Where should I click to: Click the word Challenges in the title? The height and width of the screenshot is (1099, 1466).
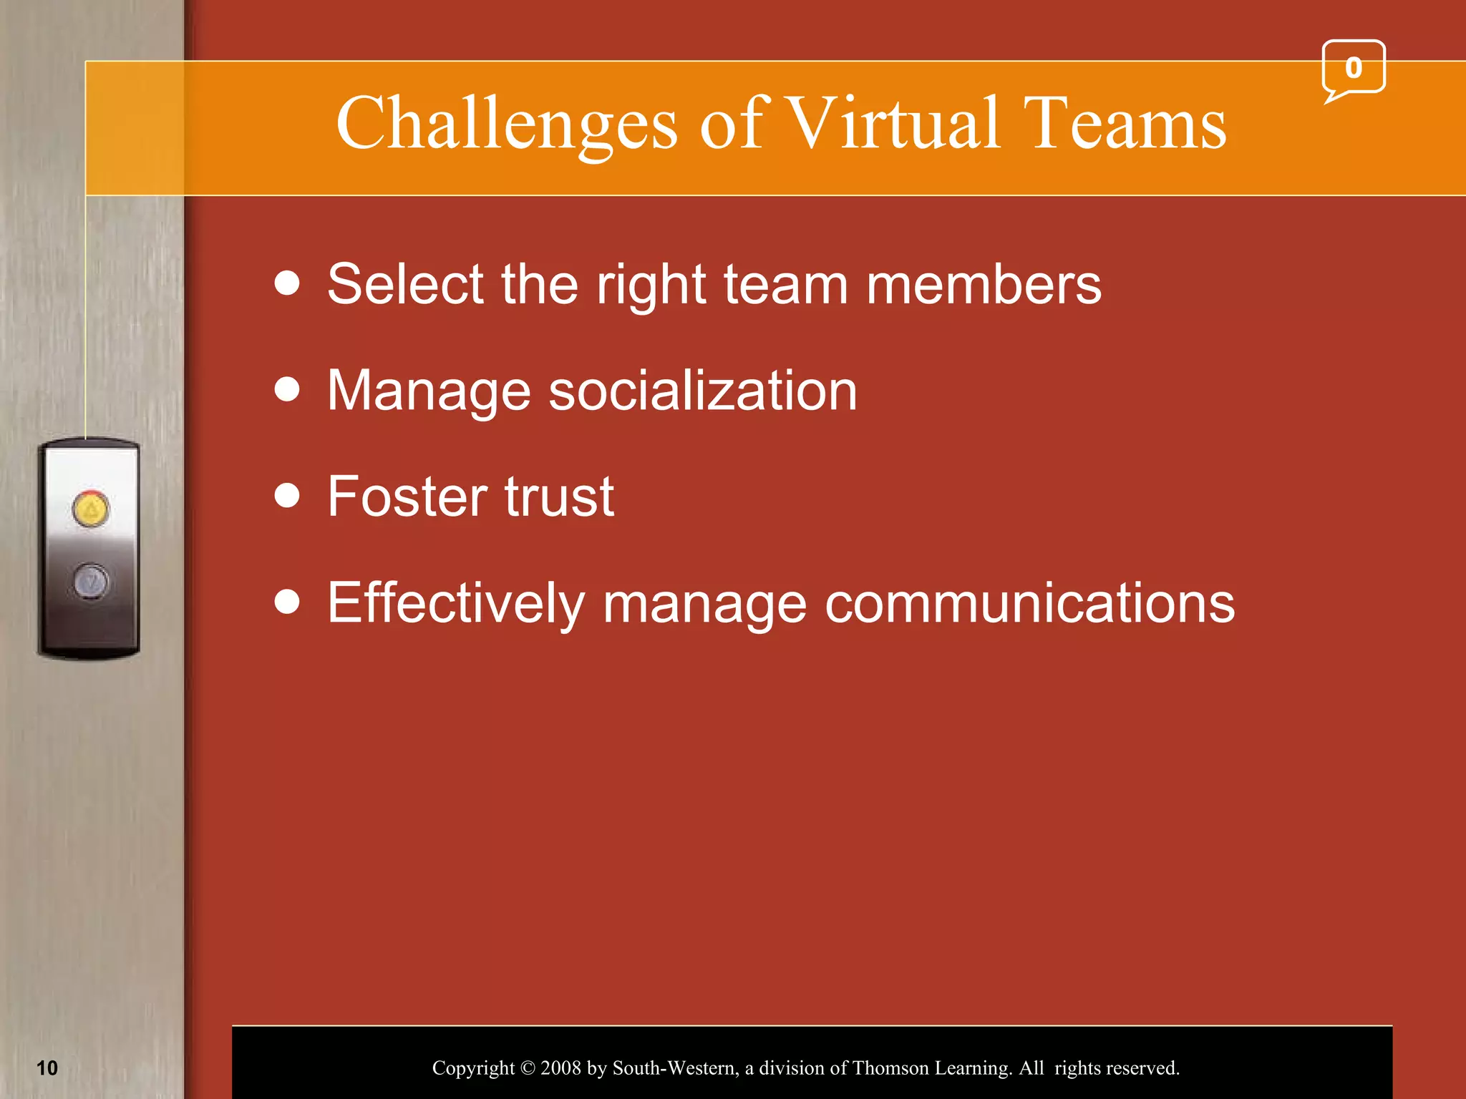[x=506, y=125]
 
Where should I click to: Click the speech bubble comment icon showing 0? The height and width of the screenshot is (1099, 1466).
[x=1353, y=69]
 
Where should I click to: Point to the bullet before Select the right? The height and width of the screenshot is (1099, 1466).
[x=287, y=283]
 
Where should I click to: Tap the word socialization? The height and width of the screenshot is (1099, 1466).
[x=702, y=391]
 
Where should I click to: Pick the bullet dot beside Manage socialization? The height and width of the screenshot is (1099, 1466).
[x=287, y=389]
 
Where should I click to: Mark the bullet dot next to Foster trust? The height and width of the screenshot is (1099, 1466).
[x=287, y=495]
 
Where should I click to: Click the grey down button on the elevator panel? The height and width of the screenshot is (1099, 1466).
[x=91, y=581]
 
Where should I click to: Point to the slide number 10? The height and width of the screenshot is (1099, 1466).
[x=47, y=1068]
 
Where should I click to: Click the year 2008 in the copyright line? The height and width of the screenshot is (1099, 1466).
[x=560, y=1068]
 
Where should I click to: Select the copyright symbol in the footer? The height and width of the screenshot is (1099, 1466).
[x=528, y=1068]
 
